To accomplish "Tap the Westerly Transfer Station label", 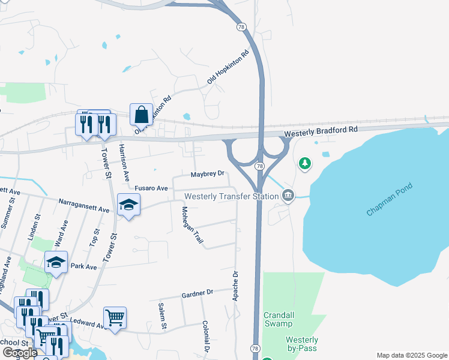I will point(231,196).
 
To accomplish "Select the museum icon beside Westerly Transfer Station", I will point(289,195).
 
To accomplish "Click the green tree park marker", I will point(305,163).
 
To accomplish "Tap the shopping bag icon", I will point(141,114).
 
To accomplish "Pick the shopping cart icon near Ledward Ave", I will point(114,317).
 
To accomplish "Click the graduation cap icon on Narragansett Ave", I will point(128,205).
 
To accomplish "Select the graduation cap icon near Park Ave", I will point(56,262).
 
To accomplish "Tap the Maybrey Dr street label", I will point(207,174).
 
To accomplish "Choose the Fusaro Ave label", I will point(150,188).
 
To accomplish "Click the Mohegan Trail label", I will point(192,225).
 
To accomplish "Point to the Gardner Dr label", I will point(197,293).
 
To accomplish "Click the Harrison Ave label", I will point(125,163).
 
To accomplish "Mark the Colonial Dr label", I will point(205,336).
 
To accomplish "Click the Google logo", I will point(20,353).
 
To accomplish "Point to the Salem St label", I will point(162,316).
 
